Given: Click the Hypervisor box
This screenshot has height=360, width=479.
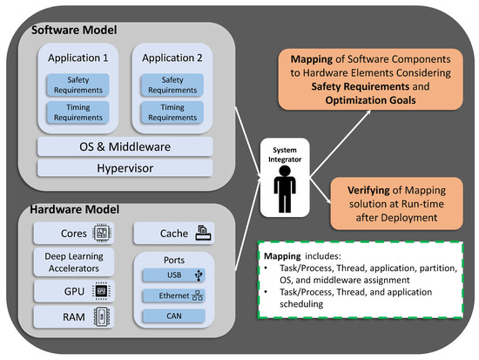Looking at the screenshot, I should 125,166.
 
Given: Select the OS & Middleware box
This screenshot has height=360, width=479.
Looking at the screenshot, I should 125,145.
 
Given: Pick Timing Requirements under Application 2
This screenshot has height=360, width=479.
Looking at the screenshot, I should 172,112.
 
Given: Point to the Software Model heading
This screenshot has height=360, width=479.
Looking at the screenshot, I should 72,31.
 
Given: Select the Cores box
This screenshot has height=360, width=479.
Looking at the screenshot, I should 73,233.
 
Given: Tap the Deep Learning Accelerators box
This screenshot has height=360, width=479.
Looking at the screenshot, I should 73,262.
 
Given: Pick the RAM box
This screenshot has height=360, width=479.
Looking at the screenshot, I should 73,317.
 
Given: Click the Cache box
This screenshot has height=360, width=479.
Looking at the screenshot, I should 173,233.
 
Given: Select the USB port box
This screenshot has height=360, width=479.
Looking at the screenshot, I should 173,276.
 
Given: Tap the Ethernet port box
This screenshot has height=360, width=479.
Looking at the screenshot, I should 173,295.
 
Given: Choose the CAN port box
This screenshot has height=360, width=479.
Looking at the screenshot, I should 173,316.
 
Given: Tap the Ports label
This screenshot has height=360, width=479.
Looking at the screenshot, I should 173,259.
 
